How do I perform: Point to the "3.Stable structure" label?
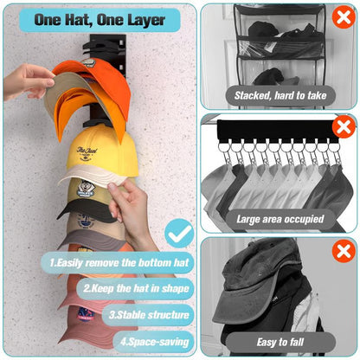click(x=150, y=315)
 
